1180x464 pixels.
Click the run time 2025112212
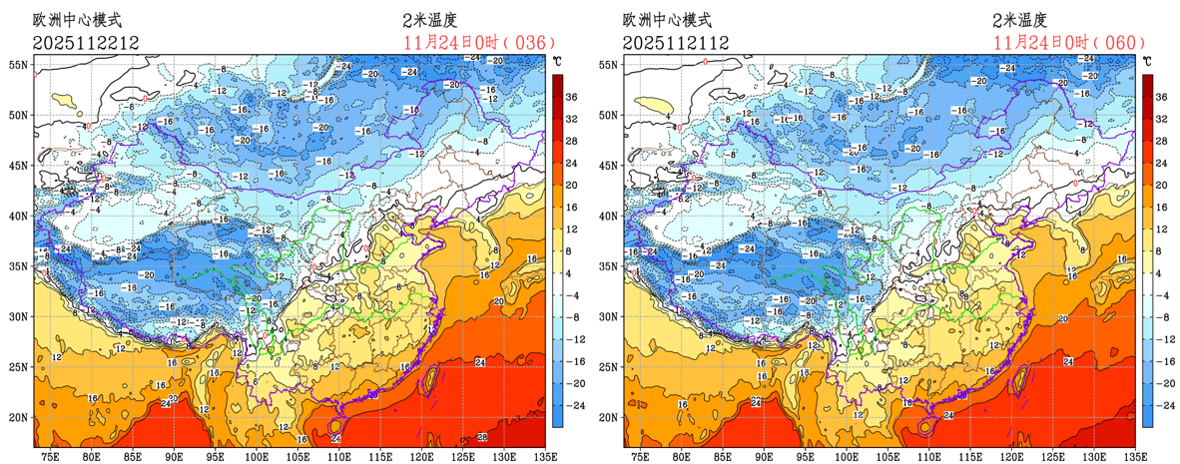pyautogui.click(x=85, y=42)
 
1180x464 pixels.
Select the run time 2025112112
pyautogui.click(x=675, y=42)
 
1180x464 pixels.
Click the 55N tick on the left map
pyautogui.click(x=17, y=64)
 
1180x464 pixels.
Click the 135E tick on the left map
pyautogui.click(x=538, y=456)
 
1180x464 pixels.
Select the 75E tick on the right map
pyautogui.click(x=639, y=456)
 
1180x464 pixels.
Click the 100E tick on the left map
pyautogui.click(x=257, y=456)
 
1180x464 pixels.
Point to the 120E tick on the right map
pyautogui.click(x=1009, y=456)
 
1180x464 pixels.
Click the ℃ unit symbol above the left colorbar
pyautogui.click(x=557, y=62)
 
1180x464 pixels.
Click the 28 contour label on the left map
pyautogui.click(x=481, y=437)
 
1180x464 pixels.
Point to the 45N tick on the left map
pyautogui.click(x=17, y=165)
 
